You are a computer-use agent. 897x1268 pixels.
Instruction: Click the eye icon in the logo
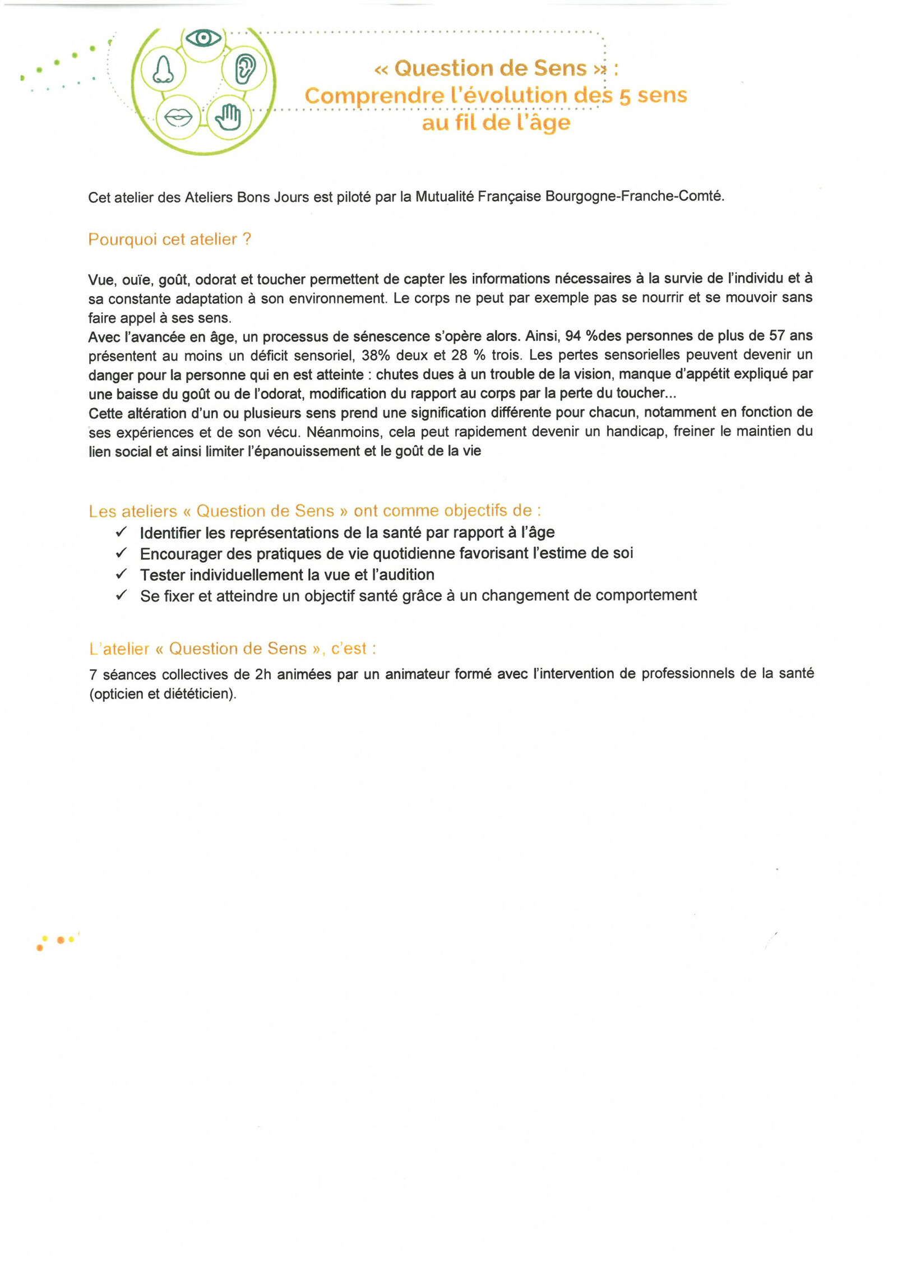point(204,38)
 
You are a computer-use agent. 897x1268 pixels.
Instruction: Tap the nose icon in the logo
point(163,70)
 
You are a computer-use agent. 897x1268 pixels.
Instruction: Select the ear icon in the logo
point(244,69)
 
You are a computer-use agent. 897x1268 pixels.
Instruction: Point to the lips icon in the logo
point(178,117)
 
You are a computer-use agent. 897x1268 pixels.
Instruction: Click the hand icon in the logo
point(228,117)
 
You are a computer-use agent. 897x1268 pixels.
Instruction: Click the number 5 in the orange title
point(625,96)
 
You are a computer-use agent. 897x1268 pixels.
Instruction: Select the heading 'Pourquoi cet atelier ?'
point(169,239)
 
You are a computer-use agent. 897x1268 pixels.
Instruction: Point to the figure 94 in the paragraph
point(572,336)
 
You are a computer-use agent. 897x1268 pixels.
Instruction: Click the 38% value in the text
point(375,355)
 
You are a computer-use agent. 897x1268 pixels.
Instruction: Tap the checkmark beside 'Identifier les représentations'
point(122,531)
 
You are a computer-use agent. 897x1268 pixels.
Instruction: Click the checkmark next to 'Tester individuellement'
point(122,574)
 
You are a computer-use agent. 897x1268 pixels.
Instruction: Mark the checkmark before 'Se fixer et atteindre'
point(122,595)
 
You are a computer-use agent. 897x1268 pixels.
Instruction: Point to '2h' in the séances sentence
point(263,674)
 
